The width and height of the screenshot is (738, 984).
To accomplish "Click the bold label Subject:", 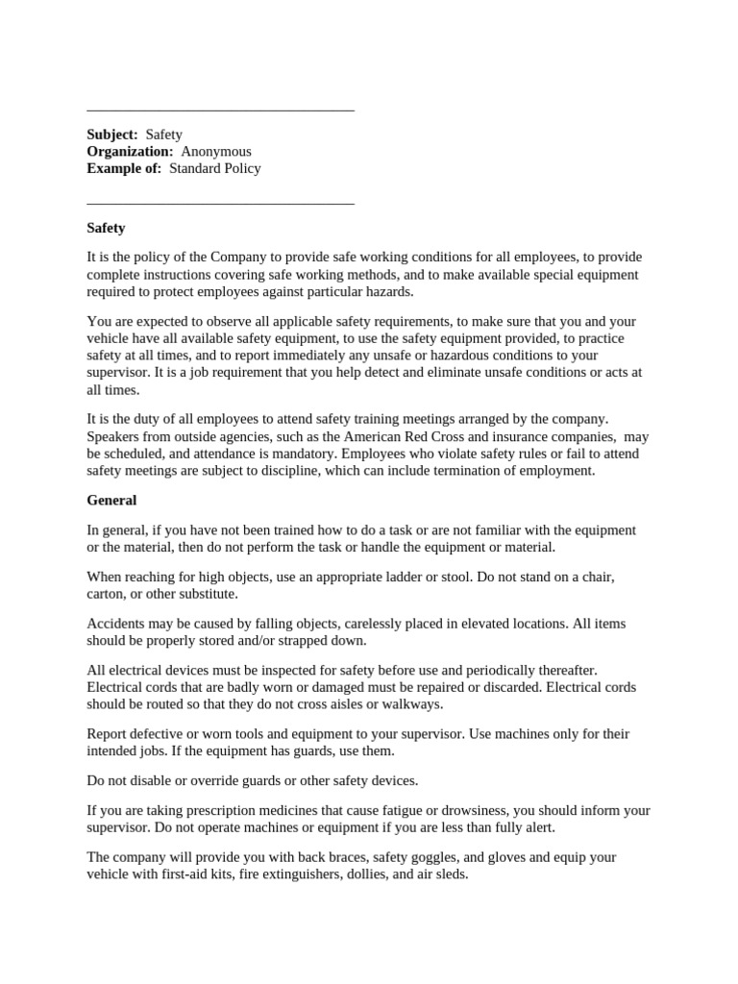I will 112,135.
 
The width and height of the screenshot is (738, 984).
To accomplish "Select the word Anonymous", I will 216,152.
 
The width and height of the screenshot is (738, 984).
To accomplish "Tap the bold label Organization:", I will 130,152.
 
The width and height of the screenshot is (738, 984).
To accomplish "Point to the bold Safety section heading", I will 106,229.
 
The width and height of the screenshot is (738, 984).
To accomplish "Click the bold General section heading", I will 111,501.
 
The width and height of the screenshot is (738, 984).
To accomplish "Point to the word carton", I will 107,594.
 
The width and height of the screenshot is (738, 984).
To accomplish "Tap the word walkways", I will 410,703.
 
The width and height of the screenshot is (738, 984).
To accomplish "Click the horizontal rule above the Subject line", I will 220,111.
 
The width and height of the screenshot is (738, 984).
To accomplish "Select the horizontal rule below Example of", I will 220,204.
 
